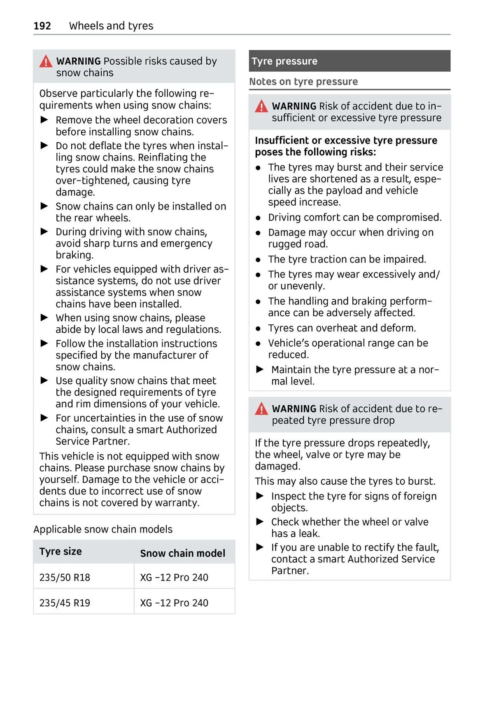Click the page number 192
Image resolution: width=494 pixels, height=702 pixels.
point(42,26)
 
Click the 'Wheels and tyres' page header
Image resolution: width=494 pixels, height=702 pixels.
point(111,26)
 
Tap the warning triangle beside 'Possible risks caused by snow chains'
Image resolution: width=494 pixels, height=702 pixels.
point(46,62)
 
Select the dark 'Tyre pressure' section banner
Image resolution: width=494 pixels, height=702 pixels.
point(349,61)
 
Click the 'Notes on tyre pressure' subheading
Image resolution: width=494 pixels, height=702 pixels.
point(303,82)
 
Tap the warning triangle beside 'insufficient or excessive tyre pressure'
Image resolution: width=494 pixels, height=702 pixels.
point(261,107)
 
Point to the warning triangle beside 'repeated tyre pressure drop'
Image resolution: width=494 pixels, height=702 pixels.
point(261,409)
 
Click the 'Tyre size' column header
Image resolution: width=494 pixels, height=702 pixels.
point(61,552)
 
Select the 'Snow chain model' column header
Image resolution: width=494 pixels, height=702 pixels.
point(182,553)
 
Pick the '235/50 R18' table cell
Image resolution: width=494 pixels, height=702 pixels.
point(65,578)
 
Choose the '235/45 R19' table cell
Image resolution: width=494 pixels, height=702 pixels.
point(65,603)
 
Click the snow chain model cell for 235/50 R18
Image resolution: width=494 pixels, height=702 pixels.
point(174,578)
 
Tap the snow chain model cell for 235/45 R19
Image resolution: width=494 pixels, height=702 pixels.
point(174,603)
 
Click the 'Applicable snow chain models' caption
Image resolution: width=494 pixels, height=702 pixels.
point(103,529)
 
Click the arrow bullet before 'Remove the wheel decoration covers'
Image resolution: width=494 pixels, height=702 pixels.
point(44,120)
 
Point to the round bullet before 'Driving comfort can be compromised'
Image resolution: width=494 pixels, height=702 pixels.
point(258,218)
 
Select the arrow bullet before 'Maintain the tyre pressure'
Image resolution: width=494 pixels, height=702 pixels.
point(260,369)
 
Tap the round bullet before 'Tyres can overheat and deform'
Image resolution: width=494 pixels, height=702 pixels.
point(258,329)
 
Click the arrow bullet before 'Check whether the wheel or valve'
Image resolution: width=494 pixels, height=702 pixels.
point(260,522)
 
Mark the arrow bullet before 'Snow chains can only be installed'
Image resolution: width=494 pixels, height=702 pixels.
point(44,206)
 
